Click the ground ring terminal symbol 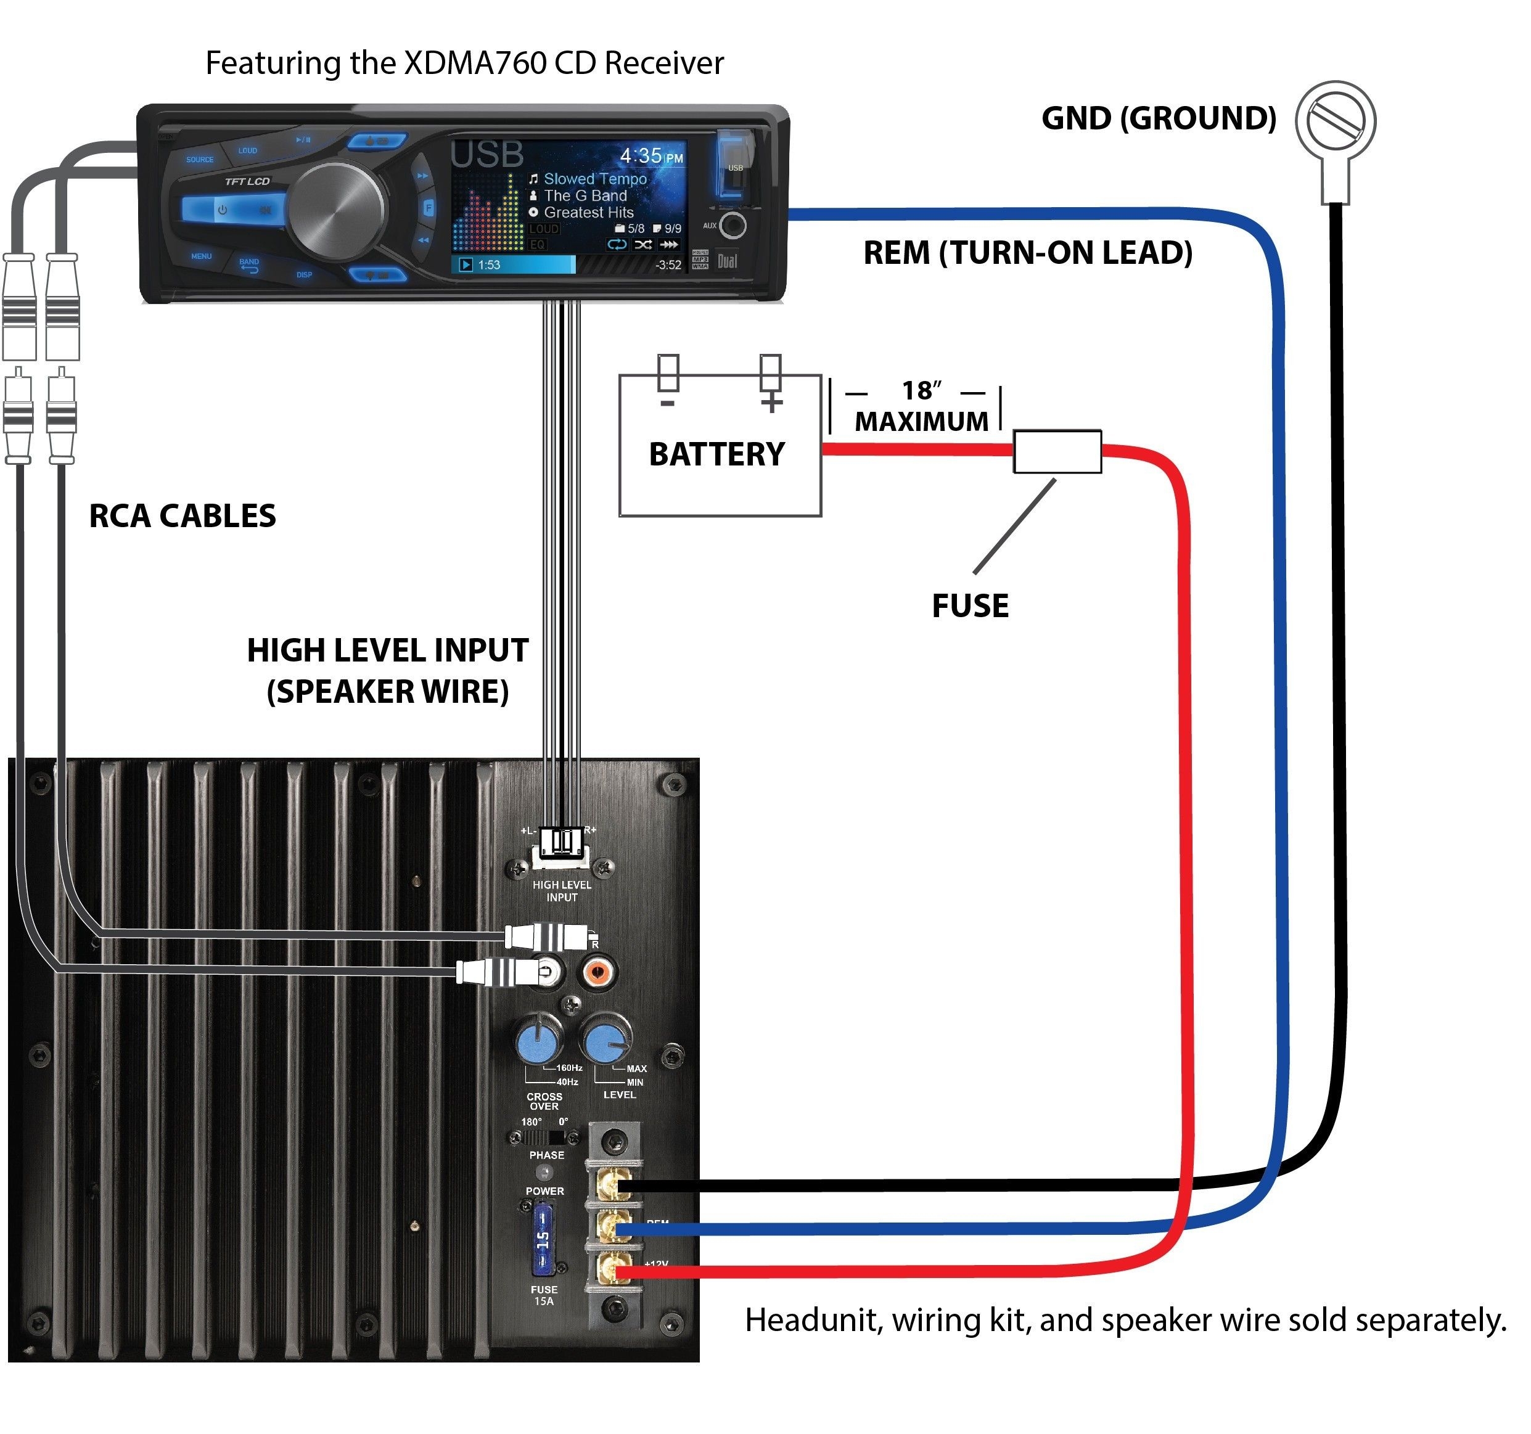(x=1335, y=121)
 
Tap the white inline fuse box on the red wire (x=1057, y=451)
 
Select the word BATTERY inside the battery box (x=716, y=454)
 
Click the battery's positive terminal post (x=770, y=374)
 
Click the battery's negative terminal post (x=668, y=373)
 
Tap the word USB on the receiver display (x=486, y=155)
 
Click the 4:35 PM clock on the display (x=651, y=157)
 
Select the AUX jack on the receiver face (x=733, y=226)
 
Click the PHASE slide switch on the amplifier (x=549, y=1137)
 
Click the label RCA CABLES (x=182, y=515)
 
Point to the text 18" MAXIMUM (x=921, y=407)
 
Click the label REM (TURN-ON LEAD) (x=1027, y=253)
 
